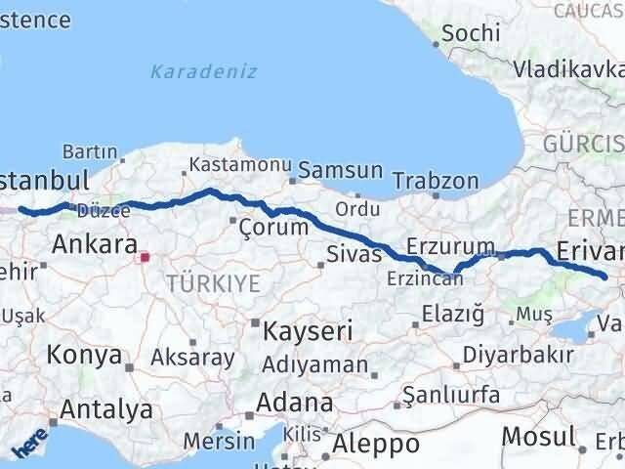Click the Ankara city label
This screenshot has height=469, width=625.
tap(94, 243)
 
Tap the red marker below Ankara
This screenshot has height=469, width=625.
tap(145, 258)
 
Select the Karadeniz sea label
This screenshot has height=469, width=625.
tap(203, 71)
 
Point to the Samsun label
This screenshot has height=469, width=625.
tap(340, 170)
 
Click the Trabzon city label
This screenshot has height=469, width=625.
tap(436, 181)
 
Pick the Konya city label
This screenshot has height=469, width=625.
tap(84, 355)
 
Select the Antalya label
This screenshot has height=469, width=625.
tap(106, 410)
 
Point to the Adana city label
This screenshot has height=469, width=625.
tap(294, 403)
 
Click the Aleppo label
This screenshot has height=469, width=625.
tap(376, 445)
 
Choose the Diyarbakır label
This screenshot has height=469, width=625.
tap(519, 354)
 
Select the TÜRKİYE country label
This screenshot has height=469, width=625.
tap(213, 284)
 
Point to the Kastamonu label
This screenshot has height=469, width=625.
tap(240, 165)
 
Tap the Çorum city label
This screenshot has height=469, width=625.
tap(280, 228)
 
